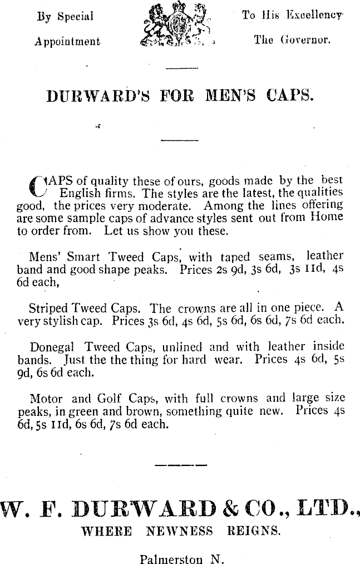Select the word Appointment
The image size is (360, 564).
coord(68,42)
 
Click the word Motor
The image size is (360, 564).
coord(46,398)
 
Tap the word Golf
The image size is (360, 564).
coord(105,398)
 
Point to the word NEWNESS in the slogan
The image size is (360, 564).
coord(179,531)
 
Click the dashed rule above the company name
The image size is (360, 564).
coord(180,464)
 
